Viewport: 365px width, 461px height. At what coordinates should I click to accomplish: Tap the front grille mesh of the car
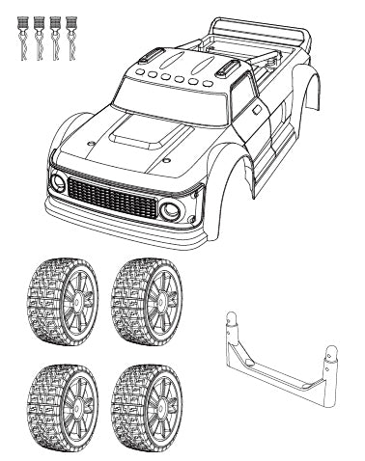[113, 200]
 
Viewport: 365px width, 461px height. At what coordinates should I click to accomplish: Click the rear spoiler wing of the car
[280, 39]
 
